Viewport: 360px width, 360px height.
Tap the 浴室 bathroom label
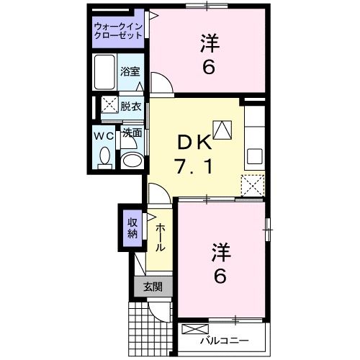click(130, 72)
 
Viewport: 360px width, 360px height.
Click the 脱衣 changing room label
click(130, 106)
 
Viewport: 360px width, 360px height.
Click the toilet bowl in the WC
click(104, 156)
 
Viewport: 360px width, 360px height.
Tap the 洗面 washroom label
click(130, 133)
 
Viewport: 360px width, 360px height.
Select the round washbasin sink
click(130, 160)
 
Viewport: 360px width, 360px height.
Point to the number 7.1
click(193, 168)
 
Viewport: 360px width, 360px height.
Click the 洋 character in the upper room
click(210, 43)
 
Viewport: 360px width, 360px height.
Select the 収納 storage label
click(133, 228)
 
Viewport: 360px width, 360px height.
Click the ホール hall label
click(158, 235)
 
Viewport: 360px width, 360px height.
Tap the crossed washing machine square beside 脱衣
click(109, 105)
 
